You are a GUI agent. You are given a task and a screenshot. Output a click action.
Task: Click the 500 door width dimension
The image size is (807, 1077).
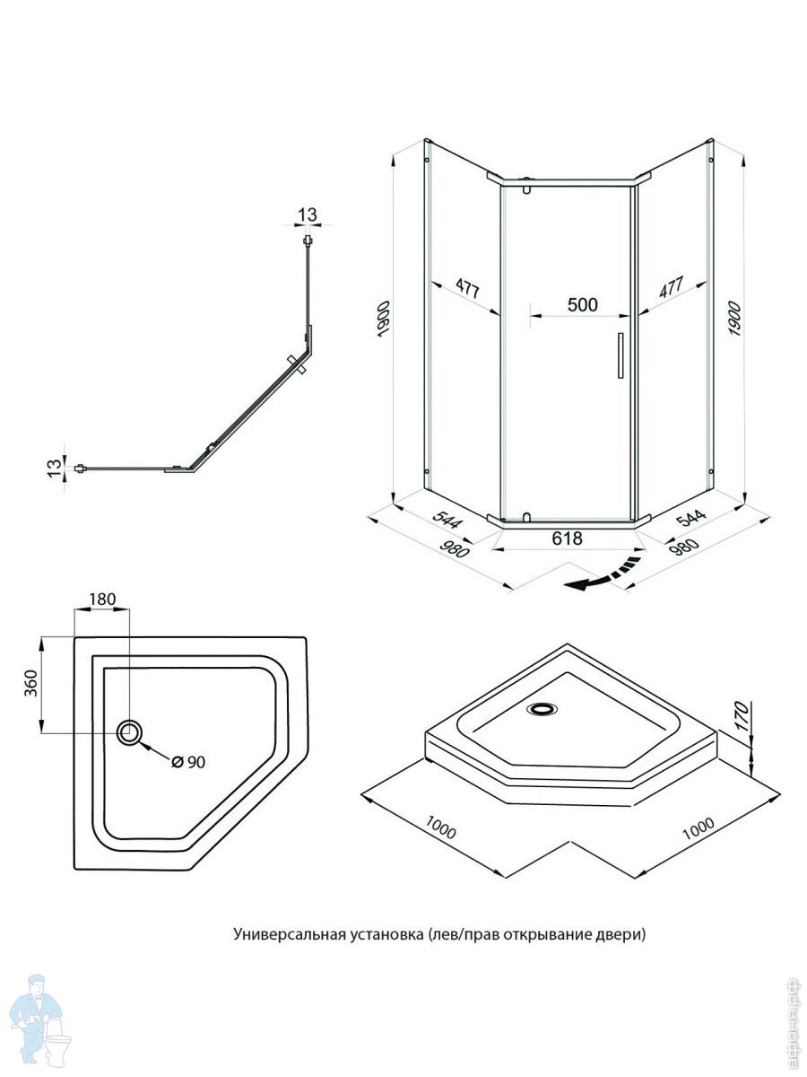582,304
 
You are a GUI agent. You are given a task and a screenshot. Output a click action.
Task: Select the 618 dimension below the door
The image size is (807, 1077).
568,538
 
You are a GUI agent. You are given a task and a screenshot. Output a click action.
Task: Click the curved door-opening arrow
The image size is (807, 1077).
606,574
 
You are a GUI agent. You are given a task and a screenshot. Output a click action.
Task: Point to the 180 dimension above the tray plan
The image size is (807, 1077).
103,600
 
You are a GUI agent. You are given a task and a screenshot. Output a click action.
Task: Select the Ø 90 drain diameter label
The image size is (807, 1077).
188,762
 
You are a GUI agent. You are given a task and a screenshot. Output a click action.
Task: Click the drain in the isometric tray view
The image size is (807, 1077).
542,709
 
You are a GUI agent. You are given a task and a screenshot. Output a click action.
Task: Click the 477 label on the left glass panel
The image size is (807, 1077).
466,288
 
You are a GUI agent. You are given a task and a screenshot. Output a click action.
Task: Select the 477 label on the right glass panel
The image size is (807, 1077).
672,287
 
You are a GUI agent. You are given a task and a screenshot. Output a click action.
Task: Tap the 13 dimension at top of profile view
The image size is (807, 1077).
308,215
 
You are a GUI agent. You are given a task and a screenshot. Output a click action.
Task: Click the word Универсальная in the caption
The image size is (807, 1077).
283,934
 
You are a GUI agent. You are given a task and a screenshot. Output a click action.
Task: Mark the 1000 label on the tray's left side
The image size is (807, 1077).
440,828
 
